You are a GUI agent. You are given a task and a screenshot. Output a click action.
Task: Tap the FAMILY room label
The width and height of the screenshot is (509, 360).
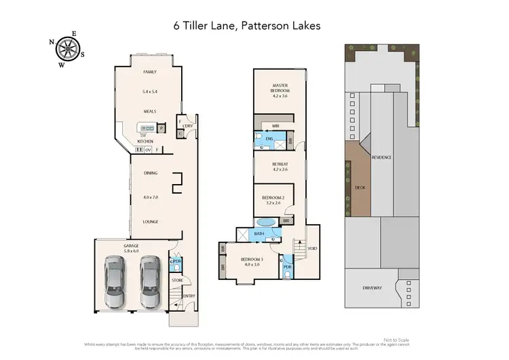[x=149, y=71]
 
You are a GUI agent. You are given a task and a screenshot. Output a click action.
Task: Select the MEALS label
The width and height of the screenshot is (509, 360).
[x=149, y=110]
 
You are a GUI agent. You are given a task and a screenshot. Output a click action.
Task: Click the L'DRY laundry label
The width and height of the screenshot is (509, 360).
[x=188, y=125]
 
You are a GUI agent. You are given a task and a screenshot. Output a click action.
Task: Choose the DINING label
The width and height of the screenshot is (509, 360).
[x=150, y=173]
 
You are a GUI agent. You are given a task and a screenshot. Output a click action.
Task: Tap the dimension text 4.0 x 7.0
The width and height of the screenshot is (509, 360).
[x=150, y=197]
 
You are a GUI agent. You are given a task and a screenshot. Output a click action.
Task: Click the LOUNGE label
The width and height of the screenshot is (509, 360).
[x=150, y=221]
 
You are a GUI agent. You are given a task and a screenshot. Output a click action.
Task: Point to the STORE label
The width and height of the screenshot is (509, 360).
[x=177, y=279]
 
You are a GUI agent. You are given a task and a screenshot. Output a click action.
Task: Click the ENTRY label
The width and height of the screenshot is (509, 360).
[x=188, y=295]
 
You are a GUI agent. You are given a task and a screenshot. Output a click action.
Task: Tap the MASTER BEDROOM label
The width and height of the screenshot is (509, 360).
[x=280, y=88]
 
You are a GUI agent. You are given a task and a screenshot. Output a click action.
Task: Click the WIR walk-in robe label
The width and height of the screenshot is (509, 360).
[x=276, y=126]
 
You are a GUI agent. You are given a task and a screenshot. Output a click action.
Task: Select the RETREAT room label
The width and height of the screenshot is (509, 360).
[x=280, y=163]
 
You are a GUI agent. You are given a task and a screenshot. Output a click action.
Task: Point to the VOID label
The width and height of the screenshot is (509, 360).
[x=312, y=248]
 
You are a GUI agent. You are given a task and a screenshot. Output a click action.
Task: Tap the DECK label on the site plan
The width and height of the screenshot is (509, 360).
[x=360, y=187]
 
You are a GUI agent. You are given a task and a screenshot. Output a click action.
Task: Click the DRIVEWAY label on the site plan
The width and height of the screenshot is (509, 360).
[x=373, y=287]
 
